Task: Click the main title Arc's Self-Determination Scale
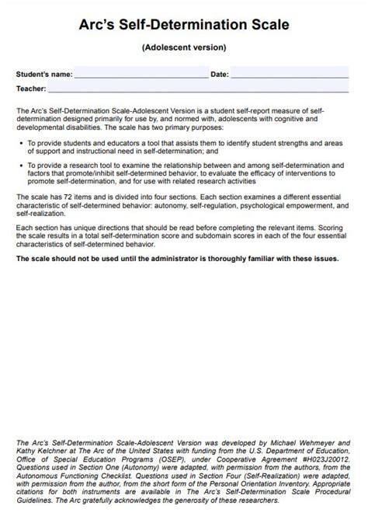pyautogui.click(x=184, y=25)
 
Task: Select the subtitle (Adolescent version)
pyautogui.click(x=184, y=47)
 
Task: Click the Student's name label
pyautogui.click(x=44, y=75)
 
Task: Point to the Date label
pyautogui.click(x=220, y=75)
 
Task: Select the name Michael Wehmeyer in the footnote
pyautogui.click(x=309, y=442)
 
